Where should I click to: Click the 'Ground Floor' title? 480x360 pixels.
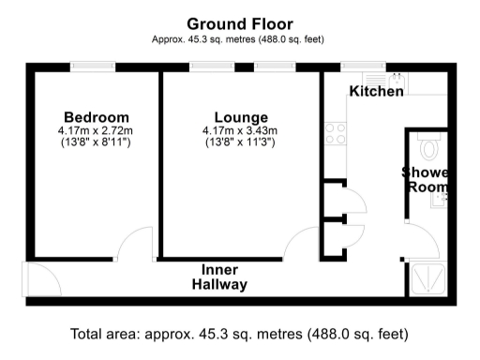pyautogui.click(x=239, y=23)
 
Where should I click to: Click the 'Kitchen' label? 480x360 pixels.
pyautogui.click(x=376, y=92)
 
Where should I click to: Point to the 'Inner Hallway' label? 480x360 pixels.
pyautogui.click(x=220, y=277)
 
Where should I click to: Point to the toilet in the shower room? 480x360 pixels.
pyautogui.click(x=429, y=147)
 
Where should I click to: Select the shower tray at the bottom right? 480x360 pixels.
pyautogui.click(x=430, y=278)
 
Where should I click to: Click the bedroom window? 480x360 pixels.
pyautogui.click(x=93, y=67)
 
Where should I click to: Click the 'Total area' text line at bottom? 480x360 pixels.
pyautogui.click(x=240, y=335)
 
